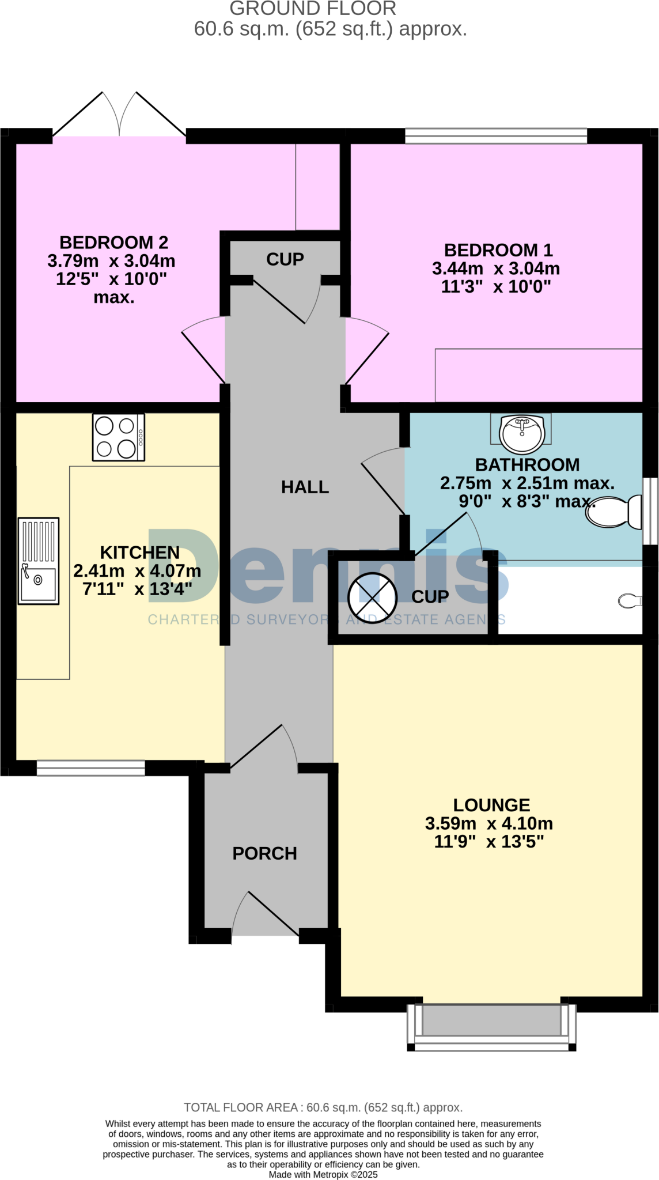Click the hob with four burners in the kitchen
(118, 437)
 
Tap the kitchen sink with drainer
(39, 561)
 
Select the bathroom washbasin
(521, 433)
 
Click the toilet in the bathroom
(614, 511)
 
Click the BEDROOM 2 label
(114, 243)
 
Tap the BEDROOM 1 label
(498, 250)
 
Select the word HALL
(305, 487)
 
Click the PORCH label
(264, 853)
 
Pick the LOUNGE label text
(491, 805)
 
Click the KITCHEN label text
(140, 553)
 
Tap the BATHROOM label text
(527, 464)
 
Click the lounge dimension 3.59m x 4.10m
(489, 823)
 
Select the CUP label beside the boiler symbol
(430, 597)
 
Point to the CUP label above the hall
(285, 259)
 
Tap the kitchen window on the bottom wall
(91, 768)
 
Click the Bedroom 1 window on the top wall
(496, 136)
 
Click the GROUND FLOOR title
(313, 9)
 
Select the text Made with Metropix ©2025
(323, 1174)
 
